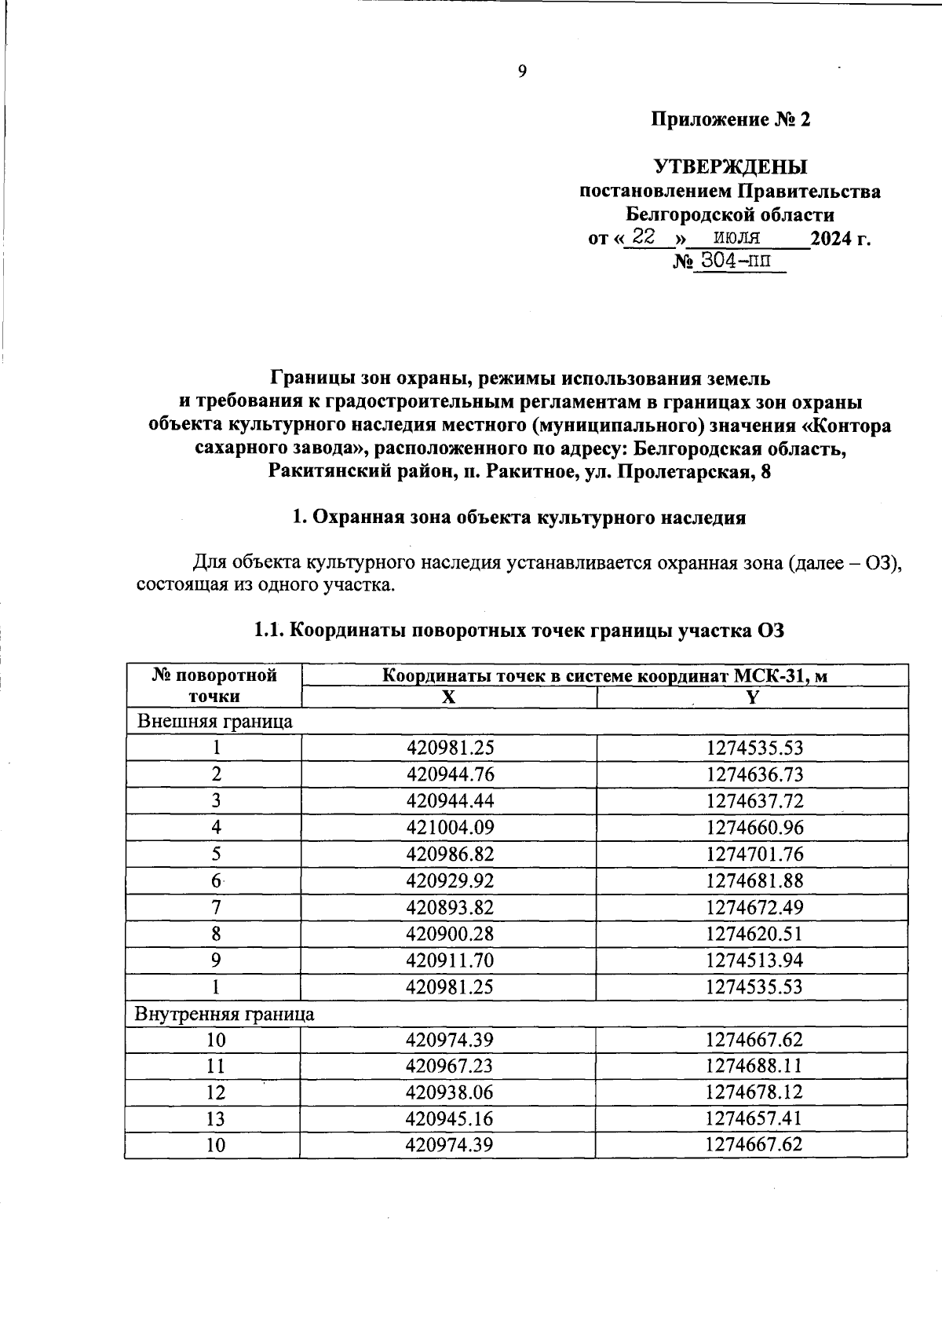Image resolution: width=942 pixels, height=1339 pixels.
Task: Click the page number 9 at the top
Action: tap(522, 72)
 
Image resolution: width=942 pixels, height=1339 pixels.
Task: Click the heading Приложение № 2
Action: tap(730, 119)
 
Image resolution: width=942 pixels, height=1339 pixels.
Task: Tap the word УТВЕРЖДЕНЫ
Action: tap(730, 167)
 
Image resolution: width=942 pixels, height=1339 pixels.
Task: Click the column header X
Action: tap(448, 697)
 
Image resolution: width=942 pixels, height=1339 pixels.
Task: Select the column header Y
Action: tap(752, 697)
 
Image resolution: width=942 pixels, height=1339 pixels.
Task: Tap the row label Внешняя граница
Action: tap(215, 722)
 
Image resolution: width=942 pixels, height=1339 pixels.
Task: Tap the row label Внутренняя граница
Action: tap(225, 1014)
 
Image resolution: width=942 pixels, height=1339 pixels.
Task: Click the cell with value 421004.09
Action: tap(450, 828)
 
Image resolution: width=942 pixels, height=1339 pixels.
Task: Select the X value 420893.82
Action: tap(450, 908)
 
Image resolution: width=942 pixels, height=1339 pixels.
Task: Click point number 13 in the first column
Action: tap(215, 1119)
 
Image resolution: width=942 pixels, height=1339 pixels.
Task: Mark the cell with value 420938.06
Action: tap(450, 1092)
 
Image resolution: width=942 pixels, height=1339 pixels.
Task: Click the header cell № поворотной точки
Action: tap(214, 686)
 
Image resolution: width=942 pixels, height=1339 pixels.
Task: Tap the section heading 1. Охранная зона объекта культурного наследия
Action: tap(518, 518)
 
